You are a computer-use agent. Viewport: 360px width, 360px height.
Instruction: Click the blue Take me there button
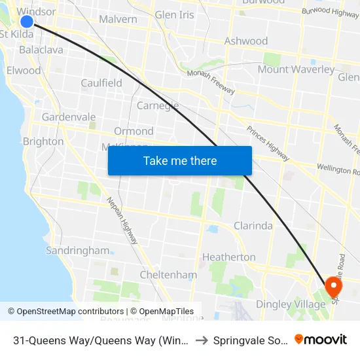click(x=180, y=160)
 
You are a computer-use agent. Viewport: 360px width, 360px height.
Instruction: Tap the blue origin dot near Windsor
click(x=27, y=21)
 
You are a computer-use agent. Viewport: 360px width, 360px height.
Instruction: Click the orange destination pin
click(x=333, y=286)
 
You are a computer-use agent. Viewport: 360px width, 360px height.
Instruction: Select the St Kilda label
click(x=17, y=34)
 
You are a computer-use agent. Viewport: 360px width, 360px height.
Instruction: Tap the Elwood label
click(x=24, y=70)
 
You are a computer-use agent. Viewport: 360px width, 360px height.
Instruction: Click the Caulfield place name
click(x=101, y=83)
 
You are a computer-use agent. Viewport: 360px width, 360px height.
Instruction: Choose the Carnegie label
click(x=158, y=105)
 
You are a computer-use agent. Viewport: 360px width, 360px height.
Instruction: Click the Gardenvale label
click(x=69, y=117)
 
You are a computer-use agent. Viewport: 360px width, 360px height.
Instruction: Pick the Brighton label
click(x=43, y=141)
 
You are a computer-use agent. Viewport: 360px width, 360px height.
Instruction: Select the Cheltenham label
click(x=168, y=275)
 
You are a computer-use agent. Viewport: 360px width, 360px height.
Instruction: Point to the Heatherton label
click(x=228, y=257)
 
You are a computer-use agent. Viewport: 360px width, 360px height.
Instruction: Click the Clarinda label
click(x=253, y=226)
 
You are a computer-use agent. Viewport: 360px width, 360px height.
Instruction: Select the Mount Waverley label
click(x=296, y=69)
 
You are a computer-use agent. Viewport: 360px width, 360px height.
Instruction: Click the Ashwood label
click(x=246, y=41)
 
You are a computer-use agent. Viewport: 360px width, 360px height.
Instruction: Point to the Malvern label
click(x=118, y=19)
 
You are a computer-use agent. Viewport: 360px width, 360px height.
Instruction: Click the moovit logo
click(x=321, y=339)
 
